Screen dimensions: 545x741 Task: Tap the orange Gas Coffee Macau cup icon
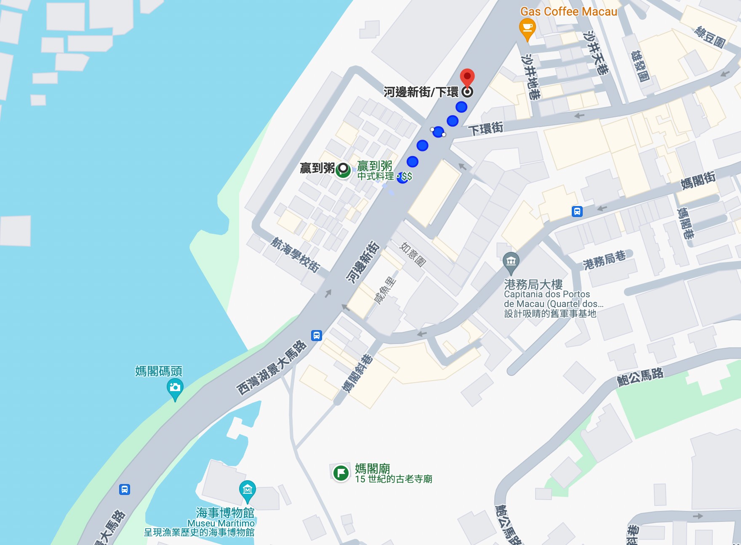click(527, 29)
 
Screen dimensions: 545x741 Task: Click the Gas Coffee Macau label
click(568, 11)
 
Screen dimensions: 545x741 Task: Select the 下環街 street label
click(485, 128)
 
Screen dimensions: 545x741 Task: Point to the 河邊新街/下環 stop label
click(421, 92)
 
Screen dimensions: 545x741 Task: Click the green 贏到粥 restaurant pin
click(343, 170)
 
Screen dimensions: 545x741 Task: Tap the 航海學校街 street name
click(295, 254)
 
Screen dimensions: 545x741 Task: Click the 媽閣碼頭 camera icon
click(175, 387)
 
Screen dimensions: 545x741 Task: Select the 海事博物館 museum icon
click(248, 489)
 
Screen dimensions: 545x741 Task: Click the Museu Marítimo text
click(221, 523)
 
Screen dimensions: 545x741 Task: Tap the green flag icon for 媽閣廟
click(341, 473)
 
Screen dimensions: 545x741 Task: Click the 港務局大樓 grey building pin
click(511, 261)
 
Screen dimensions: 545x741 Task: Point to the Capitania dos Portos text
click(547, 294)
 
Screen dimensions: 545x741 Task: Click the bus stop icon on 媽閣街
click(577, 212)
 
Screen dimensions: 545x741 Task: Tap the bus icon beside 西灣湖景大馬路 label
click(317, 336)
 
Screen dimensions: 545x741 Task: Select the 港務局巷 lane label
click(604, 260)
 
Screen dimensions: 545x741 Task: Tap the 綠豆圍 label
click(710, 37)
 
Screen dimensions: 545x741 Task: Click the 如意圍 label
click(413, 254)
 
